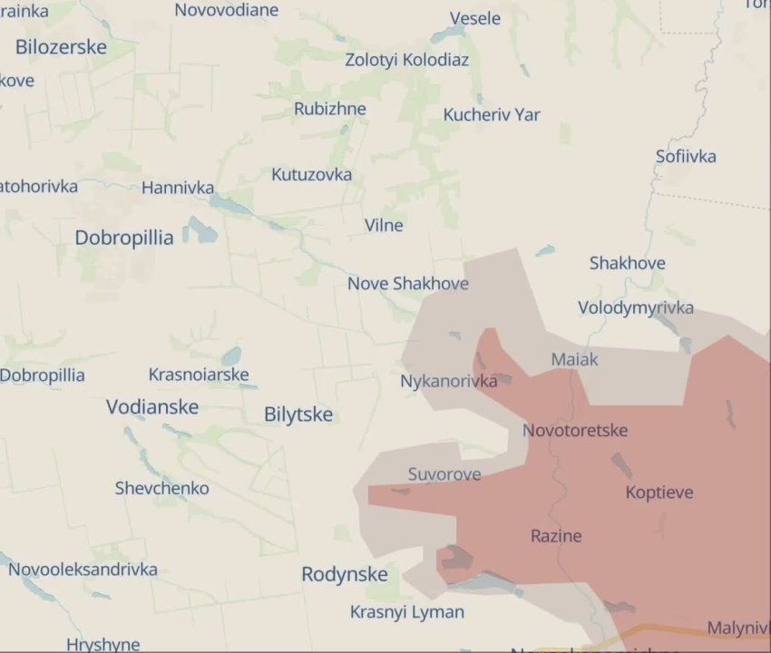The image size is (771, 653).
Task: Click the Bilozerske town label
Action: point(61,47)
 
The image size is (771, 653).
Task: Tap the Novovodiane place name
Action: point(227,10)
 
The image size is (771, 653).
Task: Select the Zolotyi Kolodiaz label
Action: point(407,60)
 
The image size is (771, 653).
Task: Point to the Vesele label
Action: point(475,18)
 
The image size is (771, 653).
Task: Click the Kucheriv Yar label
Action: point(492,114)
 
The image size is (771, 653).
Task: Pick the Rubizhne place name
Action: point(330,109)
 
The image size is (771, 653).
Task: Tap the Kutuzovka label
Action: point(312,174)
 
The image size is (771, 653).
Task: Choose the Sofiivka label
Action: point(686,156)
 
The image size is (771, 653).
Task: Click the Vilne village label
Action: point(384,225)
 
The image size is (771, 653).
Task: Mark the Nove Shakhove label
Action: point(408,283)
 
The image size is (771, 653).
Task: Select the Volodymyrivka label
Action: point(636,307)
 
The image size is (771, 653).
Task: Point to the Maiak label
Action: point(575,359)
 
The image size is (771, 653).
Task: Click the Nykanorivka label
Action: point(449,381)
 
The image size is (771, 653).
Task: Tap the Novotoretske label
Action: point(575,430)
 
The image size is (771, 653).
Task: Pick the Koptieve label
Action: point(659,492)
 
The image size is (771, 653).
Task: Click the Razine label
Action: point(556,535)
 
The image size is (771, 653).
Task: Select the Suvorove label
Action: point(444,473)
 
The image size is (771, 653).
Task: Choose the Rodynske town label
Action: point(345,574)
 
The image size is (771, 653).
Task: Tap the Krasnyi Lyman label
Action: point(407,612)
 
